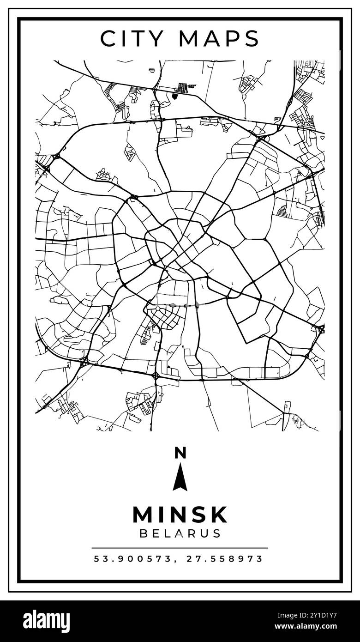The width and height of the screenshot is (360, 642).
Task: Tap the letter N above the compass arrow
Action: (x=180, y=453)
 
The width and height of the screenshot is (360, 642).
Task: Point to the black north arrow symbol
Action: (x=180, y=477)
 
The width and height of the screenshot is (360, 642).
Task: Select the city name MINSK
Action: (x=180, y=514)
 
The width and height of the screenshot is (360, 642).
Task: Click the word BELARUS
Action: (x=180, y=533)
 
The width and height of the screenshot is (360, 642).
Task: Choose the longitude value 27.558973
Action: (x=225, y=559)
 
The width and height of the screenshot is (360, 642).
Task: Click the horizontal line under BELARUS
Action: (x=180, y=548)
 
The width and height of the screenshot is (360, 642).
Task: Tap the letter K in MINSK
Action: (x=219, y=514)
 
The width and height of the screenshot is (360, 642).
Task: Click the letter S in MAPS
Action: (x=252, y=38)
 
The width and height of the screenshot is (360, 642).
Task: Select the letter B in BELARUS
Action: (x=144, y=533)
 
